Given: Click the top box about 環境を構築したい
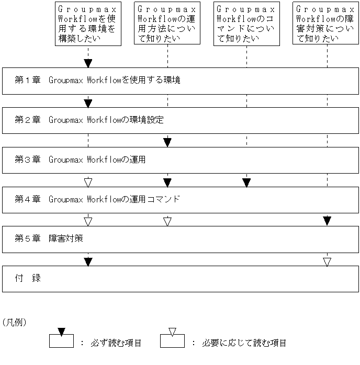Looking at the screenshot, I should [x=88, y=24].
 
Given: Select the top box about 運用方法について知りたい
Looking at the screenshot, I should [x=167, y=24].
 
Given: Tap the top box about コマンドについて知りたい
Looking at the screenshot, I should [x=246, y=24].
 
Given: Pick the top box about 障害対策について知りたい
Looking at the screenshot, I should [x=327, y=24].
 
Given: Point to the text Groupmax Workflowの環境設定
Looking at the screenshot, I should [x=106, y=120].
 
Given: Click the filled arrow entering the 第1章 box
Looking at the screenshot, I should [x=88, y=63].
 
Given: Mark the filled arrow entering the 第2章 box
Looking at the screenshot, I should [x=88, y=103].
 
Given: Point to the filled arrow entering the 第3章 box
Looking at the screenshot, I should [x=167, y=142].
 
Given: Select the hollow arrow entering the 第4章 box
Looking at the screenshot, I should [x=88, y=182].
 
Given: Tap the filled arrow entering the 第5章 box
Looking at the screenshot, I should [x=327, y=221].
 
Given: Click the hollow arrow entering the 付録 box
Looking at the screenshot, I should [x=327, y=261].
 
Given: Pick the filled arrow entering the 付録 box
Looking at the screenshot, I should [x=88, y=261].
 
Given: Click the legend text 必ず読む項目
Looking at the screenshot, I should [x=118, y=343].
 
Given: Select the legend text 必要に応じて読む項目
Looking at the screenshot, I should [x=244, y=343].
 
